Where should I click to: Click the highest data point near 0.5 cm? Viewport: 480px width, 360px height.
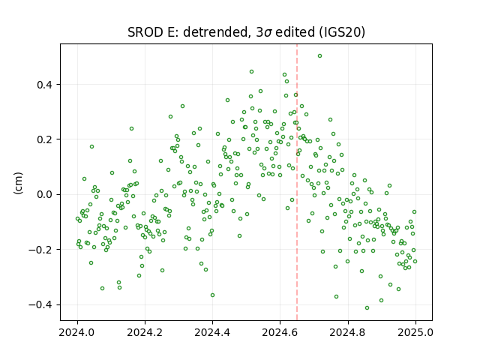click(x=319, y=56)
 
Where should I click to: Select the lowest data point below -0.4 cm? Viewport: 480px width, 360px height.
click(x=367, y=308)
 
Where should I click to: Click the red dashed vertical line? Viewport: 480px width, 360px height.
click(x=297, y=182)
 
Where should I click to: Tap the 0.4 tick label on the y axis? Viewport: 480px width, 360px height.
click(x=44, y=85)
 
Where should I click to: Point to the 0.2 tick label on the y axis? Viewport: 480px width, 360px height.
click(x=44, y=139)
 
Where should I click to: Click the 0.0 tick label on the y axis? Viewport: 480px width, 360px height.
click(x=44, y=195)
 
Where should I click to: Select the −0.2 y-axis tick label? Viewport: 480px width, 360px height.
click(x=40, y=250)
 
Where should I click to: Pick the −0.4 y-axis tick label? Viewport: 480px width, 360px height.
click(x=40, y=305)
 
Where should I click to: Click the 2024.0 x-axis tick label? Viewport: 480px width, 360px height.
click(x=77, y=332)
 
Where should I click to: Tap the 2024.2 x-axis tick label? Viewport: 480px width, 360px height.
click(x=145, y=332)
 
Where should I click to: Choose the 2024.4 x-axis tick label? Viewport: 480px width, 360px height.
click(x=212, y=332)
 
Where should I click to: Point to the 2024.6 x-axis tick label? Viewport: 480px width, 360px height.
click(x=280, y=332)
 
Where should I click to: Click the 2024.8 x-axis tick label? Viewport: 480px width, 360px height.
click(x=348, y=332)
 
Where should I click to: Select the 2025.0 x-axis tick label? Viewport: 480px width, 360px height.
click(x=415, y=332)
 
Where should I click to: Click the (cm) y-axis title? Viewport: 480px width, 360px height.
click(x=18, y=183)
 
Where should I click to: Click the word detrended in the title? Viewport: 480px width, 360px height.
click(x=215, y=32)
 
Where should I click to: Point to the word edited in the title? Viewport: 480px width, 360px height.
click(x=295, y=32)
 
